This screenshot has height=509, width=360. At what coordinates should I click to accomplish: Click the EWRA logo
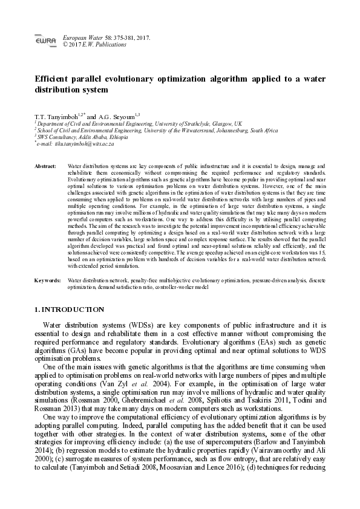pos(42,41)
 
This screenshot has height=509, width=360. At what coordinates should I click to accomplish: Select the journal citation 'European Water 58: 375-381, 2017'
pos(106,37)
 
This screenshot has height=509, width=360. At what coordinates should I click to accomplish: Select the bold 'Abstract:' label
pos(46,165)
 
